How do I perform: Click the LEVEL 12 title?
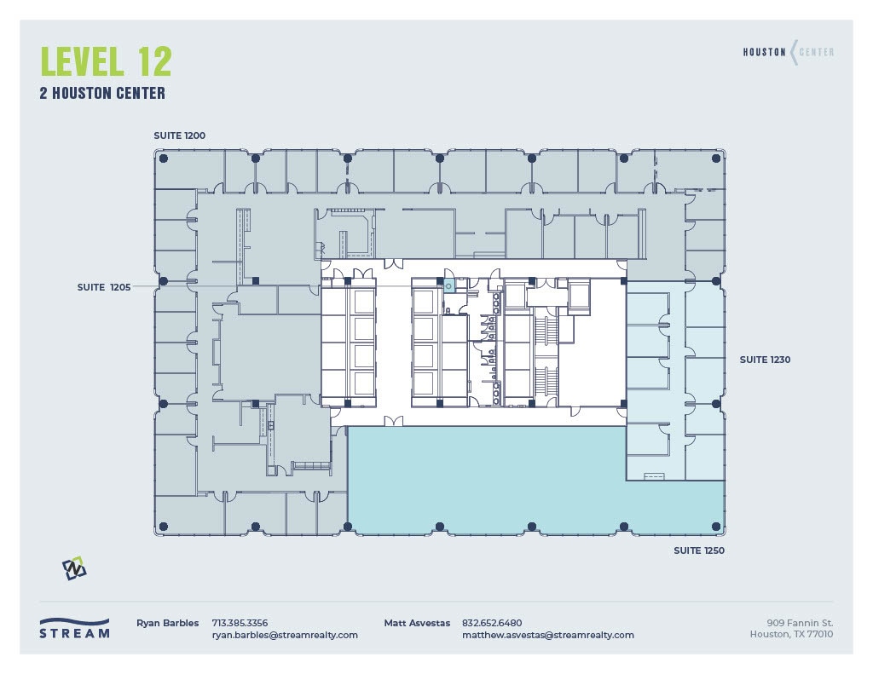point(106,61)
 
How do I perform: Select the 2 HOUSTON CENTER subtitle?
point(102,94)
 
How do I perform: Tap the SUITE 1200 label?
point(179,135)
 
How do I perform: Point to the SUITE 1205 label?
point(103,287)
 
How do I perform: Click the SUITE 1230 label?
point(765,360)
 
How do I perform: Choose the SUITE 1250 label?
point(699,551)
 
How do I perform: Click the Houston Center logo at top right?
point(788,52)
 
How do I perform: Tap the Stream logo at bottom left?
point(74,628)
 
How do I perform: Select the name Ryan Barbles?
point(167,623)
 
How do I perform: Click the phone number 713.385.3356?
point(240,623)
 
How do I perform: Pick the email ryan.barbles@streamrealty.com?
point(285,635)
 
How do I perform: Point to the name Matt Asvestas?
point(417,623)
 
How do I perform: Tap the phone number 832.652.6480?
point(492,623)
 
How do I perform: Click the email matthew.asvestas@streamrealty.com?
point(547,635)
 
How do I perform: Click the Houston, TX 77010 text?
point(791,634)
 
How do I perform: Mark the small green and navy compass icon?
point(74,567)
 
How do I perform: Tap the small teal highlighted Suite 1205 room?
point(448,286)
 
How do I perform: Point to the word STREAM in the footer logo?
point(74,634)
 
